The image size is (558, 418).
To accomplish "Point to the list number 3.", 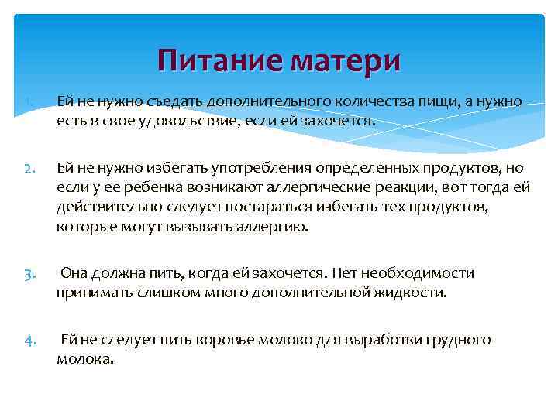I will pyautogui.click(x=27, y=273).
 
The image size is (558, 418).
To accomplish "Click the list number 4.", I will pyautogui.click(x=27, y=341).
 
